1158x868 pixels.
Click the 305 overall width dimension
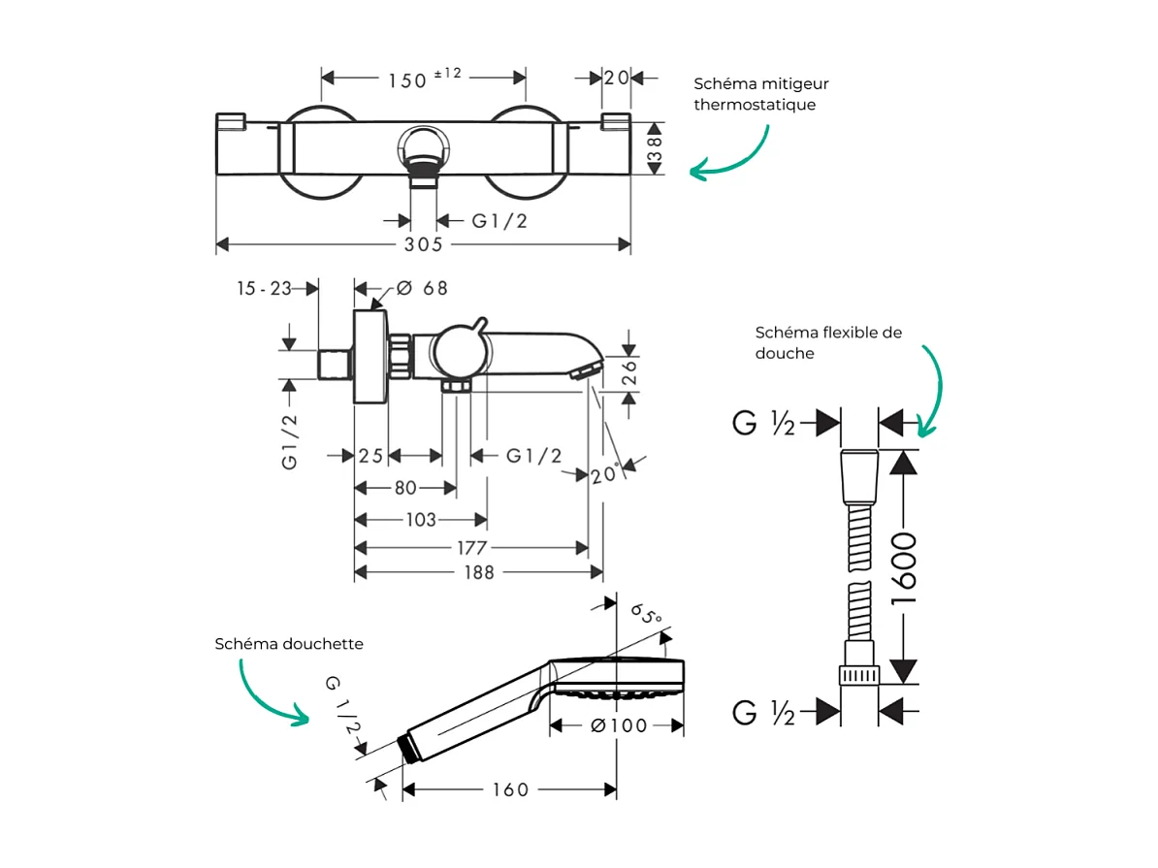[423, 245]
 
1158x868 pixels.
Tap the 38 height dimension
[655, 148]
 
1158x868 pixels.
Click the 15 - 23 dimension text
[264, 288]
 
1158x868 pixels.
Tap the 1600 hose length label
[904, 568]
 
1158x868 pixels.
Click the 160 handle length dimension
[509, 790]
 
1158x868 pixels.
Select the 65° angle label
[646, 614]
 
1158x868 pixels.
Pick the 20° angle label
[603, 474]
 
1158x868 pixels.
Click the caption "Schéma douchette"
[289, 644]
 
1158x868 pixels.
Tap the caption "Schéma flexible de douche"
[828, 342]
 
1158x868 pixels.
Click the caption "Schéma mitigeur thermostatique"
[760, 94]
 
